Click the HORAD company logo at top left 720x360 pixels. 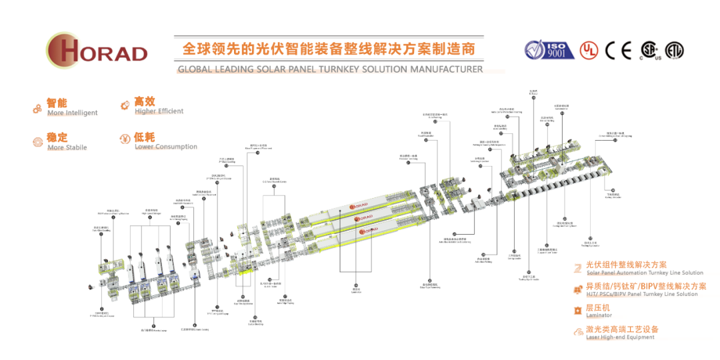point(97,49)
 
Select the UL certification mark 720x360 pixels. point(588,50)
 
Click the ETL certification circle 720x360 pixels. point(674,50)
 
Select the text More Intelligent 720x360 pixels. point(72,113)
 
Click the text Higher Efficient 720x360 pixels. point(159,111)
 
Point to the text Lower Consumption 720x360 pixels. point(166,147)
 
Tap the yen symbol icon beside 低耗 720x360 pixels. point(124,139)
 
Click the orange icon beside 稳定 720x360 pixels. point(38,141)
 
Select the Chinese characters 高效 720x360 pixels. point(145,101)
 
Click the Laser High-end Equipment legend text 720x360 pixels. point(620,337)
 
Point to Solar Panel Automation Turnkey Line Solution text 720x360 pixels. point(644,273)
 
